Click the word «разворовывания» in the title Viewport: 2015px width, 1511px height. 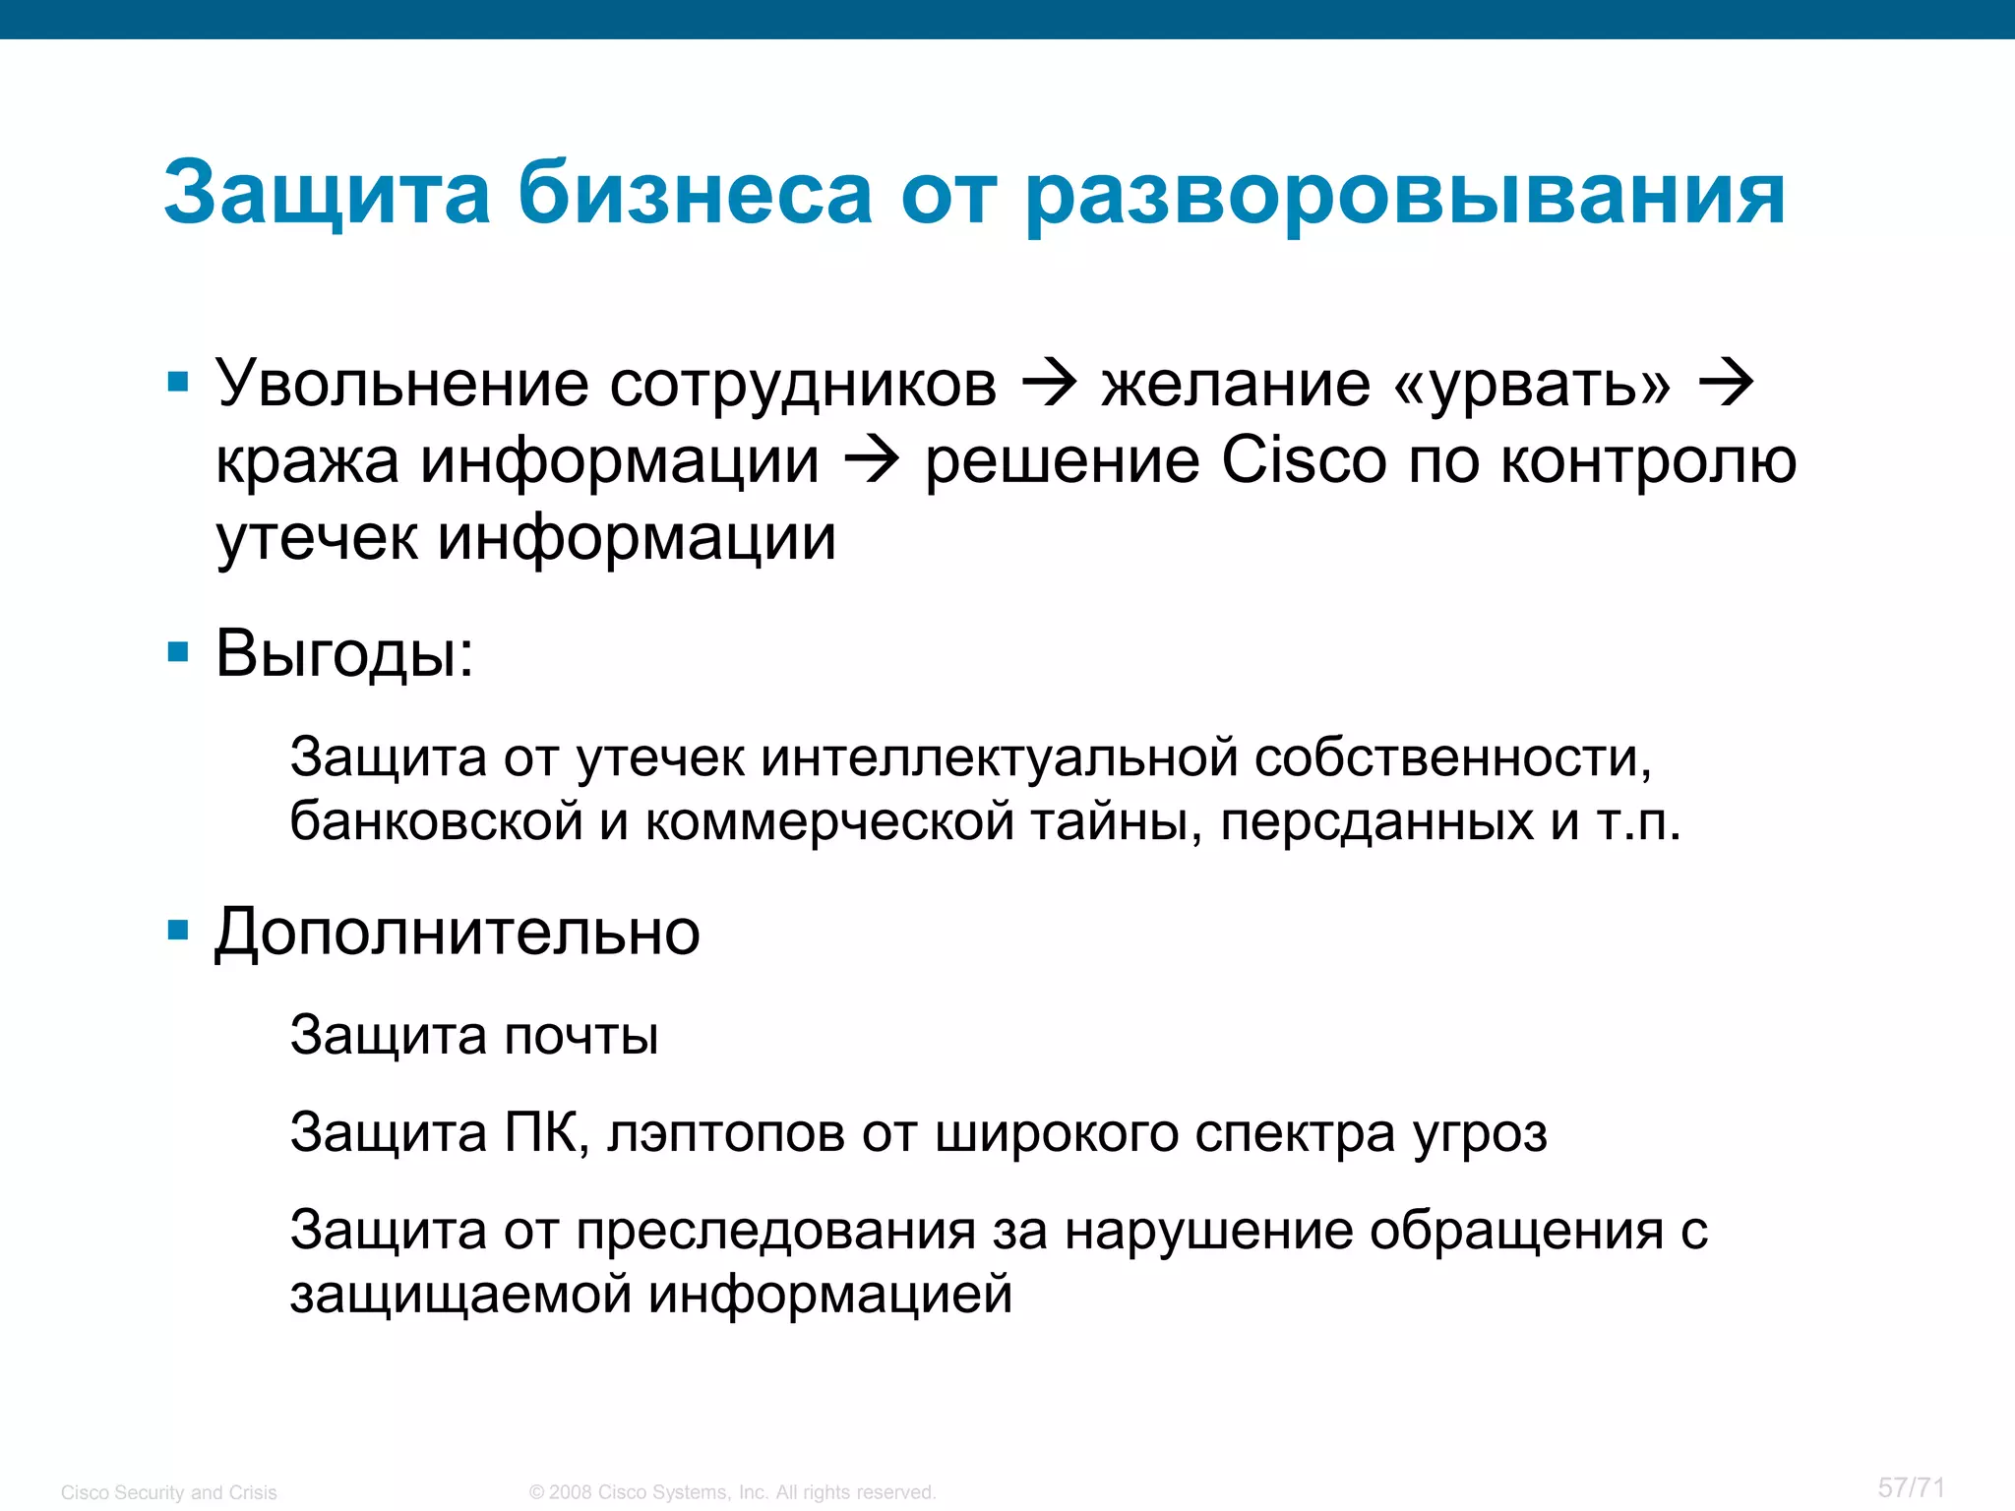tap(1405, 194)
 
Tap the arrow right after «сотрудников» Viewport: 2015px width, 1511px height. tap(1050, 383)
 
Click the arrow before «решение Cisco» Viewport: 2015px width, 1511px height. tap(872, 459)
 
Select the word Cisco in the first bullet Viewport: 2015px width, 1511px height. tap(1304, 459)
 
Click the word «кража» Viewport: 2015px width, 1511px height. tap(307, 461)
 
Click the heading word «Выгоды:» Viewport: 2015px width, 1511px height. tap(344, 653)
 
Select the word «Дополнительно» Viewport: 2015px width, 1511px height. tap(458, 932)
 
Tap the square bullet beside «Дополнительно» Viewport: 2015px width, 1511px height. tap(178, 930)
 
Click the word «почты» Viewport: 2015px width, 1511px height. tap(581, 1036)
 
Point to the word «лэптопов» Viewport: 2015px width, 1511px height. tap(726, 1133)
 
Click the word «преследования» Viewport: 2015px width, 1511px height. tap(775, 1231)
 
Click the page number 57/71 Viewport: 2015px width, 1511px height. tap(1911, 1486)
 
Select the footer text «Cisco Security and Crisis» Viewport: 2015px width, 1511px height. tap(169, 1492)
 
